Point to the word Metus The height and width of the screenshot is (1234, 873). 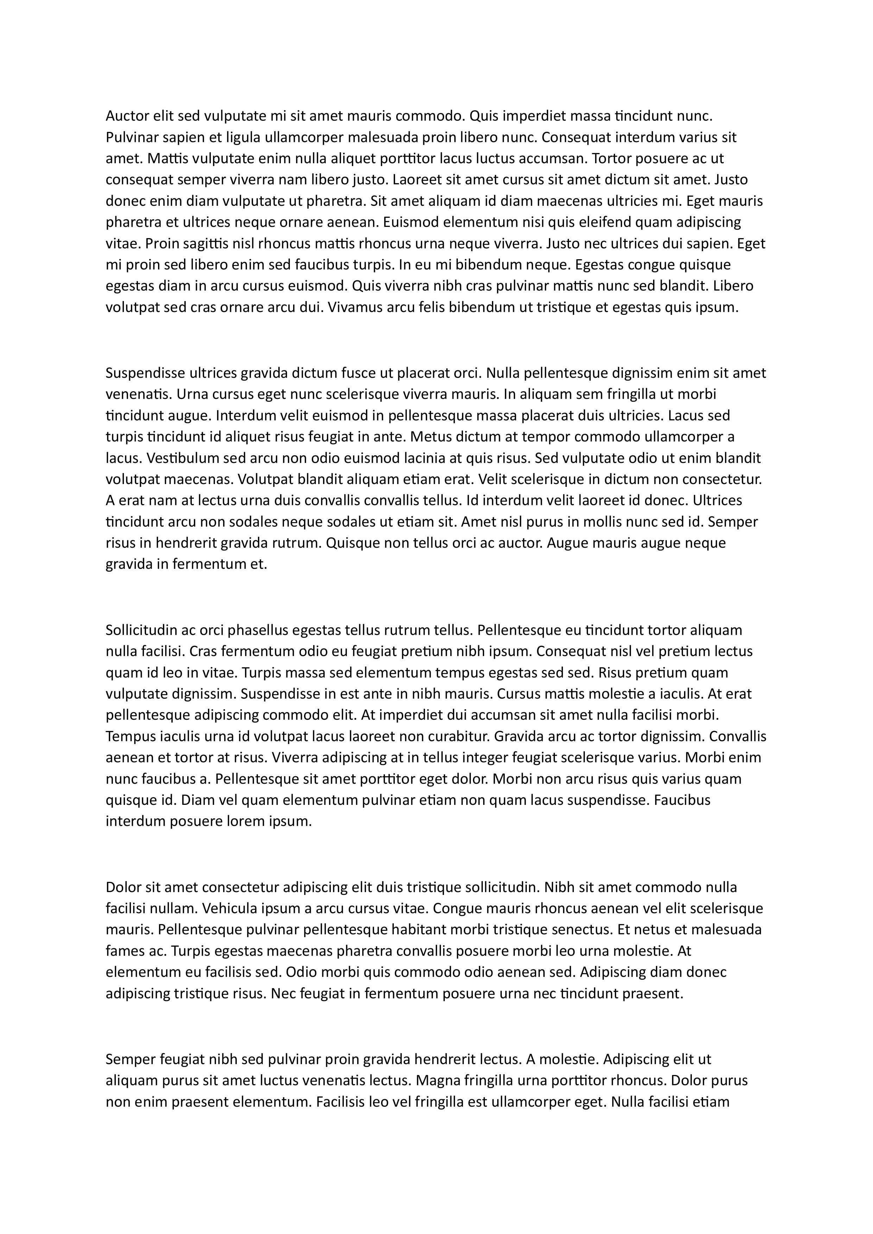coord(429,437)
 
